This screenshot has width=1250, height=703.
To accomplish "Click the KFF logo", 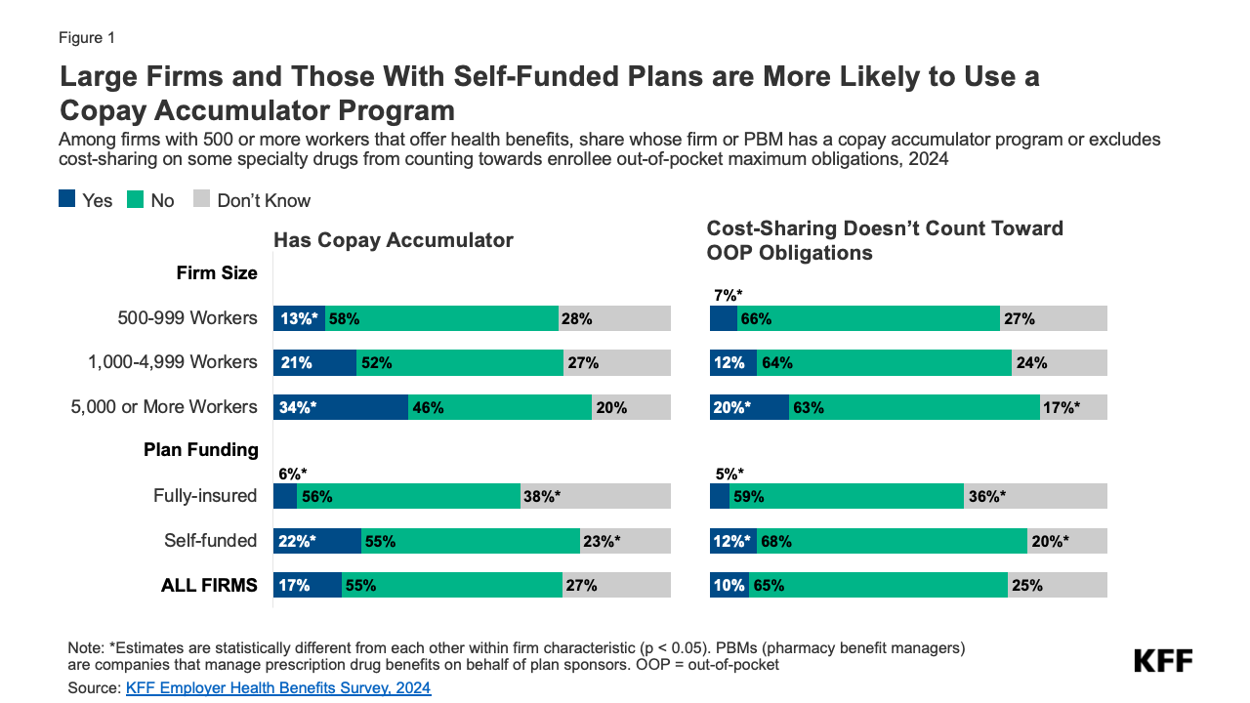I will [x=1163, y=661].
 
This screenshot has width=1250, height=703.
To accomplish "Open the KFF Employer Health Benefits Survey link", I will [x=278, y=688].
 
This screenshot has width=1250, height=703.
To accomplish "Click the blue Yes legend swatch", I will [x=67, y=200].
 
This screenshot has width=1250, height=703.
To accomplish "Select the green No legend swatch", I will [x=136, y=200].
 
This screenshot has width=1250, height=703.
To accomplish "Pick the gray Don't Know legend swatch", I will [x=202, y=200].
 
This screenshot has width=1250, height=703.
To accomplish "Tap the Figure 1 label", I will [x=87, y=38].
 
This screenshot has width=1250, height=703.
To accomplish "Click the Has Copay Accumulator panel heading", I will [x=393, y=240].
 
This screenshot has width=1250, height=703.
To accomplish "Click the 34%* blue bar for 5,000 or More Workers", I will [x=340, y=407].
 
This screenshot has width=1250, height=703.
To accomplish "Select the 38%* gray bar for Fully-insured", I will [x=595, y=496].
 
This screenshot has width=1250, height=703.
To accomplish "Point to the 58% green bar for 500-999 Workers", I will [x=441, y=318].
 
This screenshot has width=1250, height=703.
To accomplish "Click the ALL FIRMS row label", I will [x=209, y=586].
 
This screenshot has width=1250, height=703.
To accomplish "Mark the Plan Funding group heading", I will [x=200, y=450].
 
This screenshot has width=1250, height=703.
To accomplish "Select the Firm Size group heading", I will [x=217, y=273].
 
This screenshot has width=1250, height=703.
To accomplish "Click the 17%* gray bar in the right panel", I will [x=1073, y=407].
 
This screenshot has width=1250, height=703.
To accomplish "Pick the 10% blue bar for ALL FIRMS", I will [x=729, y=586].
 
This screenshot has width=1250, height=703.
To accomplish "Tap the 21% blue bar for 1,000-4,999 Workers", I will [x=314, y=362].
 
